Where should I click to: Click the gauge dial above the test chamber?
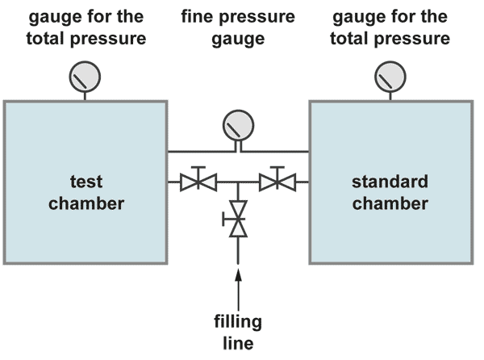pyautogui.click(x=86, y=78)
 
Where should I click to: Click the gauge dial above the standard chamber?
pyautogui.click(x=390, y=78)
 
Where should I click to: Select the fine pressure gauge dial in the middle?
pyautogui.click(x=238, y=125)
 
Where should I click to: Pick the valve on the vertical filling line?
pyautogui.click(x=238, y=219)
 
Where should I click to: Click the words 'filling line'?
pyautogui.click(x=238, y=332)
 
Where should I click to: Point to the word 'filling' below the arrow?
pyautogui.click(x=238, y=322)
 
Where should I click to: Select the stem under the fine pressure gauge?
pyautogui.click(x=238, y=144)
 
